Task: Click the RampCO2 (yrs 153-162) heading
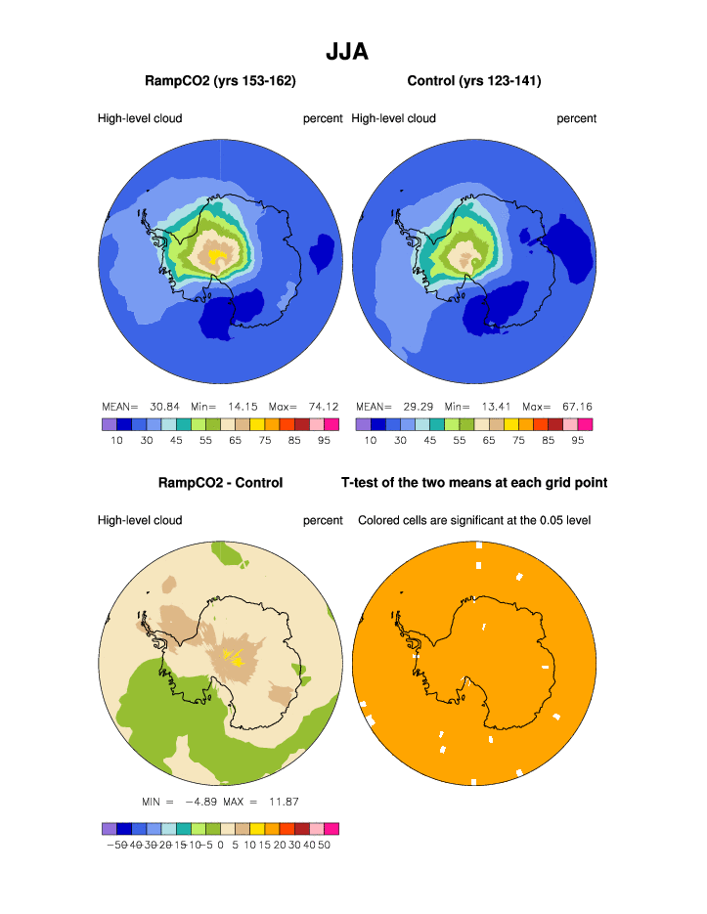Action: click(x=220, y=80)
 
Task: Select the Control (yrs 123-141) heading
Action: click(x=474, y=80)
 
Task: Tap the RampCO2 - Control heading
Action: click(x=220, y=482)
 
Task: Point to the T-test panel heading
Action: click(x=474, y=482)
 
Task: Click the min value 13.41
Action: click(x=494, y=407)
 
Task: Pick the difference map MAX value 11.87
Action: click(x=283, y=802)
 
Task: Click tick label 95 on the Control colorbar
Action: click(x=578, y=441)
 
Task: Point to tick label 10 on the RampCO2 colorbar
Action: click(x=116, y=441)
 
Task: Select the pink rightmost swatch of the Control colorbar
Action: click(x=586, y=424)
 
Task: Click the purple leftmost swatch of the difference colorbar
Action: click(x=109, y=828)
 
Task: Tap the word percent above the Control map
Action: click(x=577, y=119)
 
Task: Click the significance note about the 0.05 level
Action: click(x=474, y=520)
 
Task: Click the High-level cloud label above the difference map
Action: click(x=140, y=520)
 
